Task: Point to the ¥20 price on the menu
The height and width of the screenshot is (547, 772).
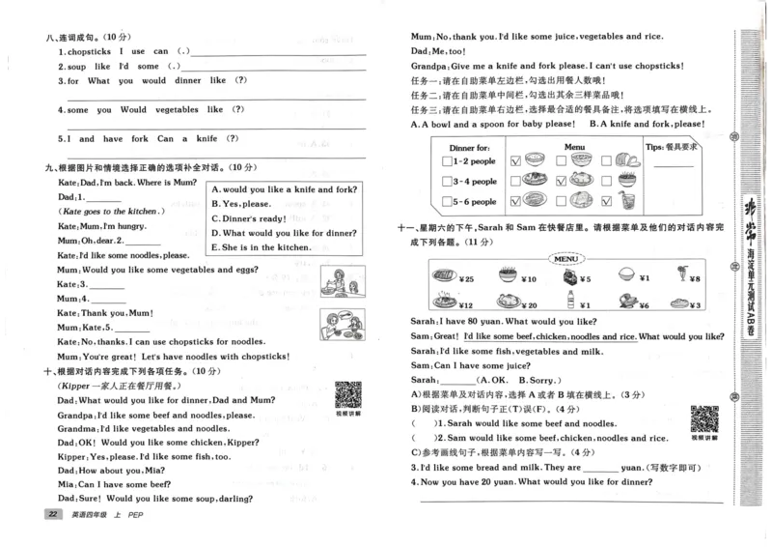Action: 530,305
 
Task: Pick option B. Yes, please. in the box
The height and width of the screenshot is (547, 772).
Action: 243,204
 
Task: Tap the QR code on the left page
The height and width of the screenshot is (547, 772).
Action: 347,394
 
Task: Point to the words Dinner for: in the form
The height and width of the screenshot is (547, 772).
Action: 469,147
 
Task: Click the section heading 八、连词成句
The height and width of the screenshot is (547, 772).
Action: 76,35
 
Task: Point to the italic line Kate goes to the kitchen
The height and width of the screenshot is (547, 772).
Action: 114,211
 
